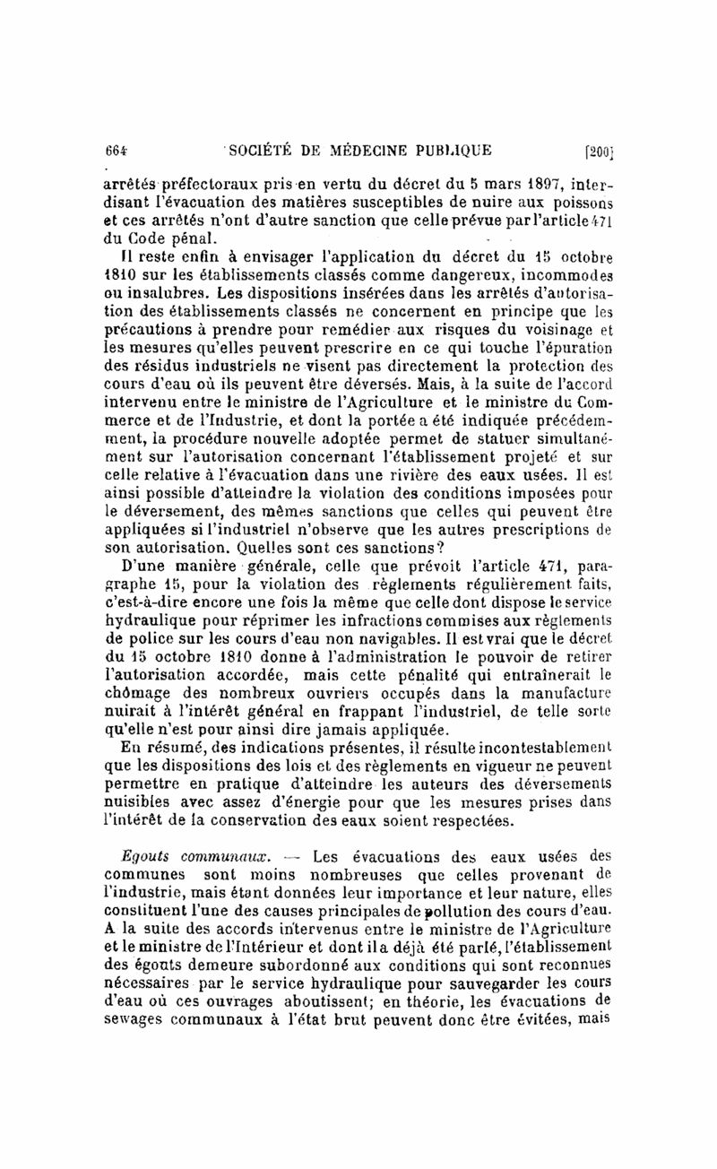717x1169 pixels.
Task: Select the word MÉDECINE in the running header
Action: click(x=360, y=149)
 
